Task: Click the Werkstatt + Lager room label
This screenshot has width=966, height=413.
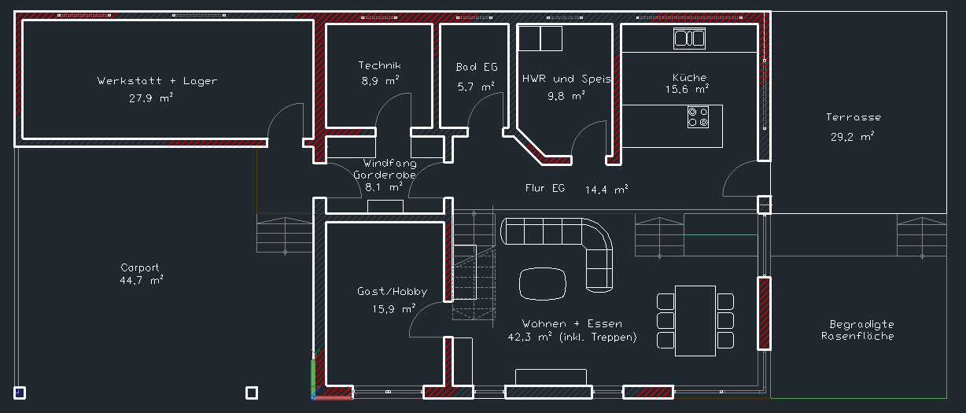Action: (157, 80)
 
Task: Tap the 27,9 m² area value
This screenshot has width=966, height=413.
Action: (150, 98)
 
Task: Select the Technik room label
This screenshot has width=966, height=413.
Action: (379, 65)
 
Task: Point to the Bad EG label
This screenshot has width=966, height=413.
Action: (477, 67)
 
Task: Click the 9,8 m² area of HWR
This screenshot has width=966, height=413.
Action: (566, 95)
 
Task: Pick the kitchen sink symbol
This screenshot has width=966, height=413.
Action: (690, 39)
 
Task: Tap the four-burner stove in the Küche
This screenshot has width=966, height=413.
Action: (698, 117)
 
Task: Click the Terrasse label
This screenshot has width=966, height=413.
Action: (854, 117)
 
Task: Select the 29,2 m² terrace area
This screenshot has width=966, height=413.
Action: (852, 137)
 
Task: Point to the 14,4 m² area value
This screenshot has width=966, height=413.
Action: (607, 190)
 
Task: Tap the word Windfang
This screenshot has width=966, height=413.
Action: (390, 164)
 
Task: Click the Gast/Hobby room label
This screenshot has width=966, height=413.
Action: (392, 291)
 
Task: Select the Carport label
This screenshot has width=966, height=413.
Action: (140, 267)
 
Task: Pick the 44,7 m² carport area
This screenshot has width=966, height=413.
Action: (142, 280)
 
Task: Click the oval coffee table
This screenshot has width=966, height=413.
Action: (543, 284)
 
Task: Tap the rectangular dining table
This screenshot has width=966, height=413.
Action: (695, 321)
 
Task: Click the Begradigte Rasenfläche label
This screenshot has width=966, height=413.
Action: (857, 330)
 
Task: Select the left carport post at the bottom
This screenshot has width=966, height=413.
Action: (20, 393)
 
